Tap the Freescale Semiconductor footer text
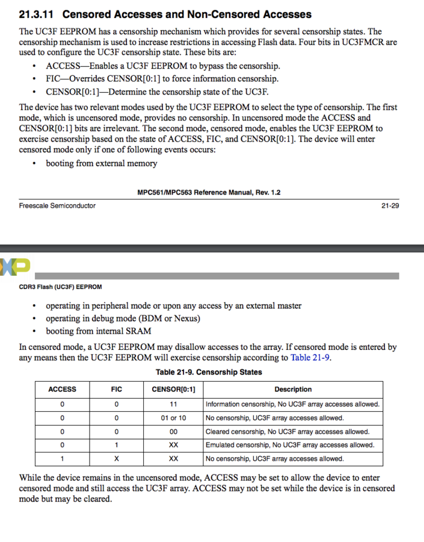pos(57,205)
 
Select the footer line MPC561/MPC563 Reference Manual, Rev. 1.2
pos(209,193)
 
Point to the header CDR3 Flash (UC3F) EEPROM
pos(61,287)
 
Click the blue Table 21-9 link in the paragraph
pos(310,357)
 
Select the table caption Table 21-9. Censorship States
pos(209,372)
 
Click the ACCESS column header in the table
pos(62,390)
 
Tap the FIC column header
pos(117,390)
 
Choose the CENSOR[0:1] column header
pos(173,390)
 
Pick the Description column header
pos(293,390)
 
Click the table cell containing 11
pos(173,404)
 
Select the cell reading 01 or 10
pos(173,418)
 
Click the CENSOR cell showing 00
pos(173,432)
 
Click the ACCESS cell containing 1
pos(62,459)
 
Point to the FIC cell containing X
pos(117,459)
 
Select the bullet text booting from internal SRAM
pos(99,331)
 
